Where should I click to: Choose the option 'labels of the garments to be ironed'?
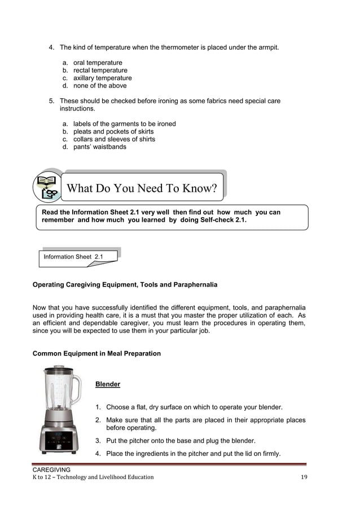click(x=124, y=124)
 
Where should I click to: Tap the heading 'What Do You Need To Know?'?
click(x=142, y=188)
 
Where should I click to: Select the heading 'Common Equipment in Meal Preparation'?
click(x=96, y=354)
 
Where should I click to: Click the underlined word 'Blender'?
click(x=107, y=384)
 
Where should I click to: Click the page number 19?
click(x=305, y=477)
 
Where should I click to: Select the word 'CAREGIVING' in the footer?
click(x=51, y=469)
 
